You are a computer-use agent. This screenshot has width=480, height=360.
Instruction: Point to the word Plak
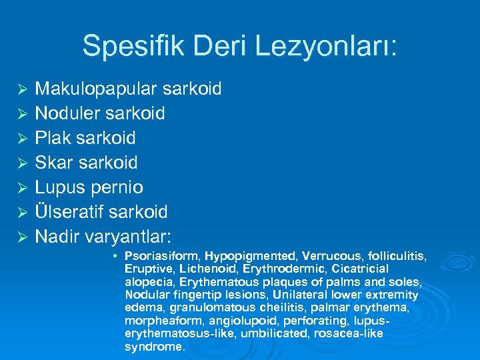coord(53,139)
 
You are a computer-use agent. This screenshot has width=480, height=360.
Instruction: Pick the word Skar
coord(53,163)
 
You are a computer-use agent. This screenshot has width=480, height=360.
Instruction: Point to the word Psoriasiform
coord(161,255)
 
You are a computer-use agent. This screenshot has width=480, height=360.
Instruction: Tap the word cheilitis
coord(286,308)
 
